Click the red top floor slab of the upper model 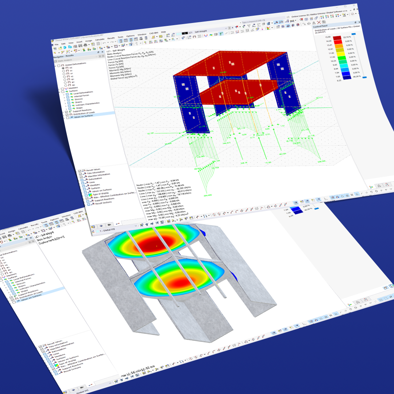[230, 64]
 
